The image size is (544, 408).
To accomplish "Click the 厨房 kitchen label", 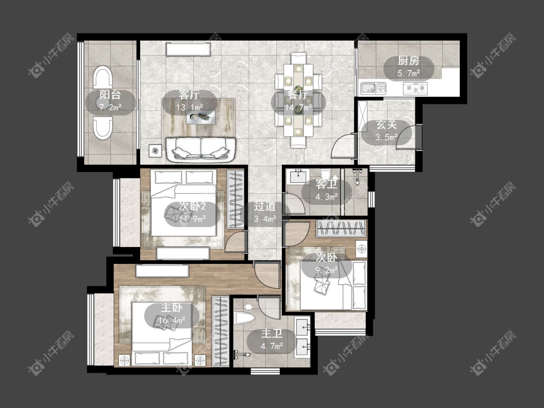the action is (x=408, y=61).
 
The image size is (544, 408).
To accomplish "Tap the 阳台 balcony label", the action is (x=110, y=95).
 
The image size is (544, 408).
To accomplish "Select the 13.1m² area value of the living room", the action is (x=190, y=107).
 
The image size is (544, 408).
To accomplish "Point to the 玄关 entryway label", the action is (x=387, y=125).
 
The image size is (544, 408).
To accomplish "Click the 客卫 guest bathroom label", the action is (x=326, y=184).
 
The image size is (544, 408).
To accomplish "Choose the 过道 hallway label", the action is (x=265, y=206).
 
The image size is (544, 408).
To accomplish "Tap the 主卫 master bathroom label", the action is (x=272, y=334).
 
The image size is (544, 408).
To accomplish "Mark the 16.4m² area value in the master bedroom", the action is (x=172, y=320).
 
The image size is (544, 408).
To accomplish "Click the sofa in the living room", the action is (x=201, y=149).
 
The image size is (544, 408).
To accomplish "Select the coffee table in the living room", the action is (x=201, y=117).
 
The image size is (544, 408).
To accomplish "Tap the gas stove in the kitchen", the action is (x=415, y=88).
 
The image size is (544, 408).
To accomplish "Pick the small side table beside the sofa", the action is (x=155, y=151).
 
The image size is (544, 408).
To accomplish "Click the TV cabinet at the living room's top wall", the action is (x=189, y=49).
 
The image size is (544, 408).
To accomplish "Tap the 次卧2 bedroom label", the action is (x=192, y=206).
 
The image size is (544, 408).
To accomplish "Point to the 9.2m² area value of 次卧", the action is (x=326, y=270).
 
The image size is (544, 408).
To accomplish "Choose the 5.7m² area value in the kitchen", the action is (x=409, y=73).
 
